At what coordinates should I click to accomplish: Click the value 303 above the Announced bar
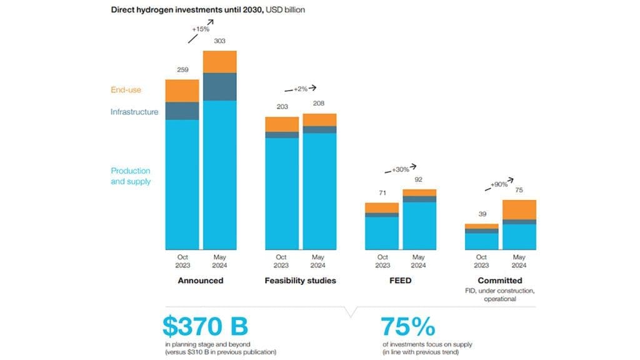[x=219, y=41]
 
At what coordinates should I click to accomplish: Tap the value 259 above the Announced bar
[x=182, y=70]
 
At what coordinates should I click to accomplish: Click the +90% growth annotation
[x=498, y=184]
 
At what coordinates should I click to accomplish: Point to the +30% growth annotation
[x=400, y=170]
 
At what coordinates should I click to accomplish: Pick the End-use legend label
[x=126, y=90]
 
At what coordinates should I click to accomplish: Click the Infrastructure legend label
[x=134, y=112]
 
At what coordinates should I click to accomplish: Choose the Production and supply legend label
[x=131, y=176]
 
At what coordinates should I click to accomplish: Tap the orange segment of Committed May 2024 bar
[x=519, y=209]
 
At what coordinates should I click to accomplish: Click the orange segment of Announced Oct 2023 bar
[x=182, y=91]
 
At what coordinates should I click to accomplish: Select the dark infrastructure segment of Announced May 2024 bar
[x=219, y=87]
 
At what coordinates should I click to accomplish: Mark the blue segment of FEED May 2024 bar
[x=419, y=226]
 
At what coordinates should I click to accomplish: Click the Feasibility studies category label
[x=300, y=281]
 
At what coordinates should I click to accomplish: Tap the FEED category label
[x=400, y=281]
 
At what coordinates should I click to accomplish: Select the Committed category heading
[x=500, y=281]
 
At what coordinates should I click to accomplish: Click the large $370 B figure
[x=205, y=327]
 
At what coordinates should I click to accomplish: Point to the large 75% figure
[x=408, y=327]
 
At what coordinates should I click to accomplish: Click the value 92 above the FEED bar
[x=419, y=179]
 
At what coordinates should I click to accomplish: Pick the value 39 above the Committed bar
[x=482, y=214]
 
